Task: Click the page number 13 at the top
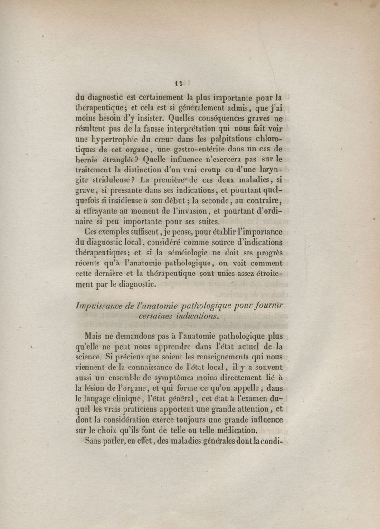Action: click(178, 84)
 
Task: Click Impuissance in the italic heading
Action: click(98, 306)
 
